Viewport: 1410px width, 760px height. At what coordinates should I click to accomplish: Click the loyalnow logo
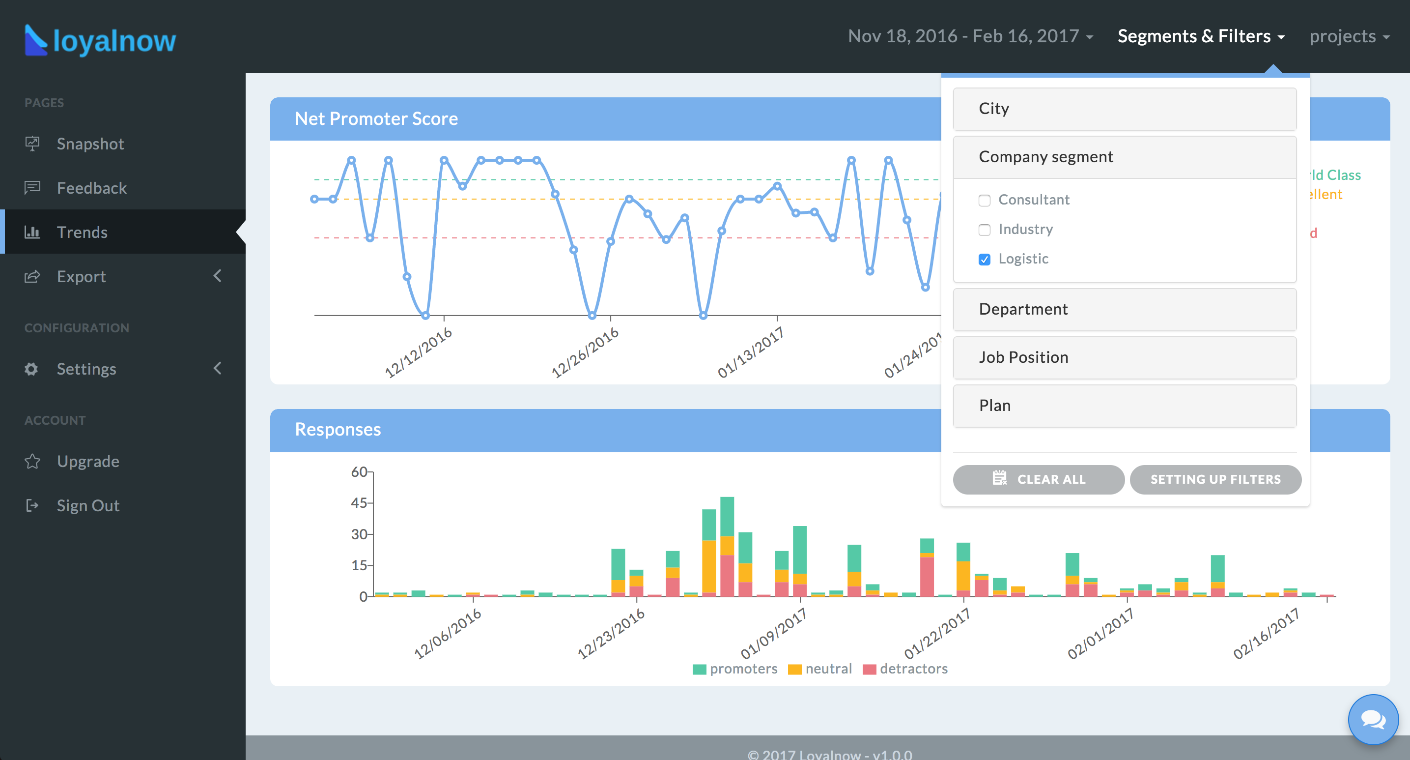(100, 40)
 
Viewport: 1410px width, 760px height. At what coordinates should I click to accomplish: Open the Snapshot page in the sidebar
(90, 144)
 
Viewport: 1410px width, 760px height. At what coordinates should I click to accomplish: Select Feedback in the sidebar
(91, 188)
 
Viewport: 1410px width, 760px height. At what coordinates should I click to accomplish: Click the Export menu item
(82, 276)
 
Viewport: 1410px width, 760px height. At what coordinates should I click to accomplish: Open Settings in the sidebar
(86, 369)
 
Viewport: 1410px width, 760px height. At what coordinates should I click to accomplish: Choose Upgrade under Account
(88, 462)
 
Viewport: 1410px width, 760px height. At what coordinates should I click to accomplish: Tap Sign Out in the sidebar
(88, 505)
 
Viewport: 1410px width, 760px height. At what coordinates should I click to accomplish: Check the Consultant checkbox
(985, 201)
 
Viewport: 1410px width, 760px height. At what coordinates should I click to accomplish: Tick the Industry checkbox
(985, 230)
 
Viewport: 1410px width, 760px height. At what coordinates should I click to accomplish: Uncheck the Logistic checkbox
(985, 260)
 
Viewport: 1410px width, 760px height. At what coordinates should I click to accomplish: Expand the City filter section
(1124, 109)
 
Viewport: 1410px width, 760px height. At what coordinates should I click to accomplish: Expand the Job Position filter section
(1124, 357)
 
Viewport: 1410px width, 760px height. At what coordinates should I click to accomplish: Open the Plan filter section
(1124, 406)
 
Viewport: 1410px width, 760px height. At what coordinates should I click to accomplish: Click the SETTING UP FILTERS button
(1215, 480)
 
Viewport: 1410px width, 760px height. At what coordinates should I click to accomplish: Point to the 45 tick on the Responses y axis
(359, 502)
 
